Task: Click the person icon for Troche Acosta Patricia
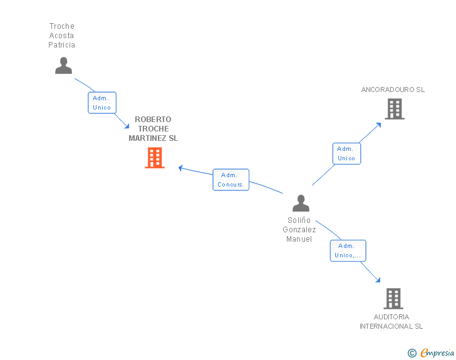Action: coord(63,66)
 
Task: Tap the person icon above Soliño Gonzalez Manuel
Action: coord(301,203)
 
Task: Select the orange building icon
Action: coord(155,158)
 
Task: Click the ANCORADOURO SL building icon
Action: coord(395,109)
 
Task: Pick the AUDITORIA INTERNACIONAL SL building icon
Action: coord(393,299)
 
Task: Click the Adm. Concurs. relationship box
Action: coord(231,180)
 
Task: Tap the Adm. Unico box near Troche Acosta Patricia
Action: coord(102,103)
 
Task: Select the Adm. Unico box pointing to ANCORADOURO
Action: coord(346,153)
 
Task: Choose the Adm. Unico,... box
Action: coord(348,250)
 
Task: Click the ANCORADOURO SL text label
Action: coord(393,90)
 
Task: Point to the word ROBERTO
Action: coord(153,120)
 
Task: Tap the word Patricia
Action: coord(61,45)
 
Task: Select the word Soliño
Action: coord(299,220)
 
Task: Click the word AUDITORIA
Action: coord(391,317)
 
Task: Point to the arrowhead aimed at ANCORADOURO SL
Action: coord(378,125)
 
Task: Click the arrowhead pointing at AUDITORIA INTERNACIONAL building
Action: coord(378,280)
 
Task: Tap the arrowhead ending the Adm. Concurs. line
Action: coord(180,168)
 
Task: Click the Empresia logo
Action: coord(431,352)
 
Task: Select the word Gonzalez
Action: coord(299,230)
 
